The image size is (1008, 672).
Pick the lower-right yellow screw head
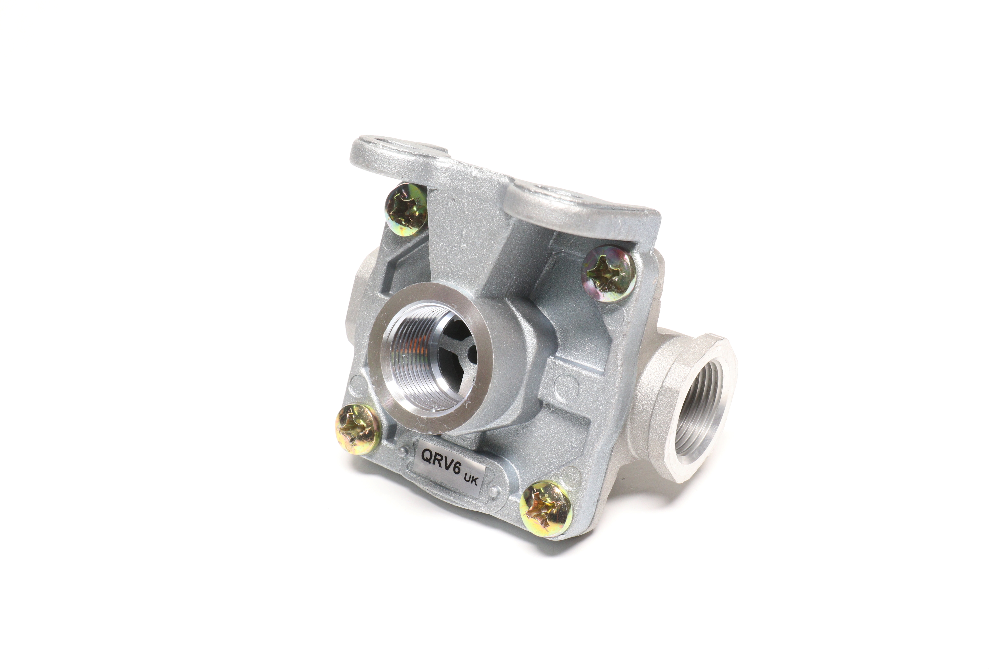(545, 509)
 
